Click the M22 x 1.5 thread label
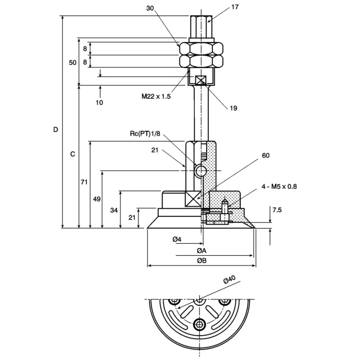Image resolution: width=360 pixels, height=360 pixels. (x=156, y=96)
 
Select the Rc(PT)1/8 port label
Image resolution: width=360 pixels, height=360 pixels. (x=145, y=134)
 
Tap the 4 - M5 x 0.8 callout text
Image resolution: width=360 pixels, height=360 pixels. (x=279, y=186)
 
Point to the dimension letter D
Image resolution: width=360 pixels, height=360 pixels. (x=55, y=130)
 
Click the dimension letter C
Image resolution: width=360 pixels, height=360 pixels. (x=72, y=154)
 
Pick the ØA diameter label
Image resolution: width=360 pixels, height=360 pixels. (x=202, y=251)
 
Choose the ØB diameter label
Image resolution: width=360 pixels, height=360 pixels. (x=202, y=261)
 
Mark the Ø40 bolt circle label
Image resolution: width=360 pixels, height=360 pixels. (x=229, y=279)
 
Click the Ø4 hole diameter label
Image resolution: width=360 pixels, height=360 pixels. (x=177, y=239)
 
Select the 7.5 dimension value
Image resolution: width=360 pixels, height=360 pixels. (x=277, y=210)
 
